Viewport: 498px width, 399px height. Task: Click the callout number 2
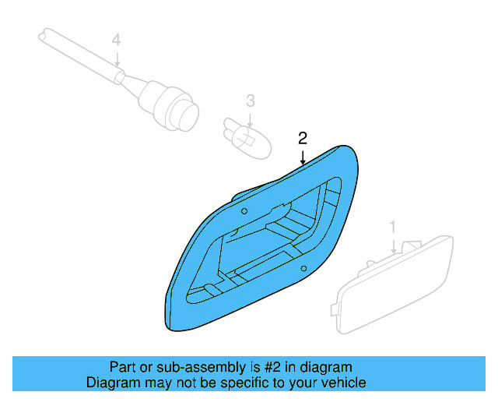tap(303, 139)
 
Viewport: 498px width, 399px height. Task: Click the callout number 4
tap(116, 39)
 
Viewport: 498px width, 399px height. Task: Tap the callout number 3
tap(250, 101)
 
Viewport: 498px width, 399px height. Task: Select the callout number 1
tap(393, 227)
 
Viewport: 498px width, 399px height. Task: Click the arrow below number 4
tap(116, 58)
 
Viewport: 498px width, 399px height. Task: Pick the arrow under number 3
tap(250, 118)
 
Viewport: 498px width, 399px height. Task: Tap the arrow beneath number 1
tap(394, 244)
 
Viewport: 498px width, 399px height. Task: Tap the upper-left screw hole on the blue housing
tap(244, 211)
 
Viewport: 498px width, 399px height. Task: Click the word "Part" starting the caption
tap(123, 367)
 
